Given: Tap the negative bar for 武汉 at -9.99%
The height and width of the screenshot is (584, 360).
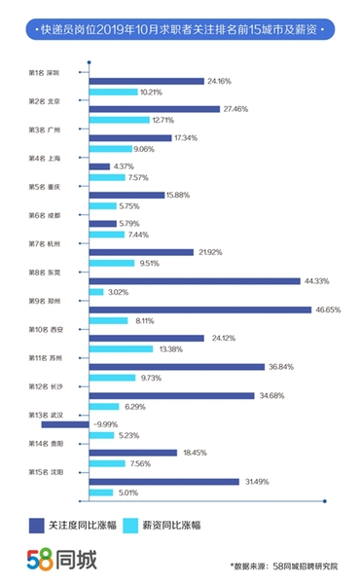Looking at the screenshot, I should pyautogui.click(x=65, y=424).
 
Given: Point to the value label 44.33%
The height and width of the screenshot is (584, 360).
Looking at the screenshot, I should pyautogui.click(x=314, y=281).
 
